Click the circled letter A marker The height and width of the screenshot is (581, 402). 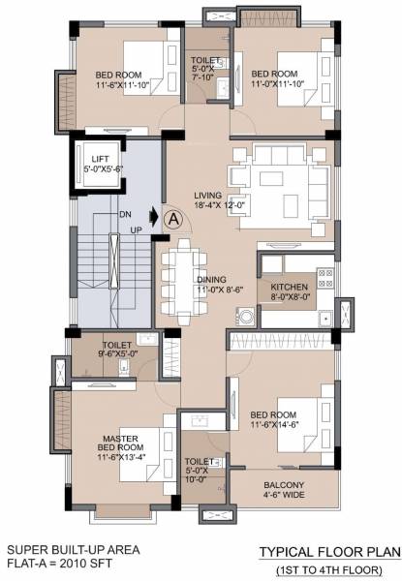pos(173,219)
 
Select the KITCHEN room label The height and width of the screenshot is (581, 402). pos(290,288)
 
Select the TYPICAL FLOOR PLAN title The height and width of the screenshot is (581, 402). pos(328,551)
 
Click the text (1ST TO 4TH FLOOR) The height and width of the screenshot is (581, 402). pos(328,568)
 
